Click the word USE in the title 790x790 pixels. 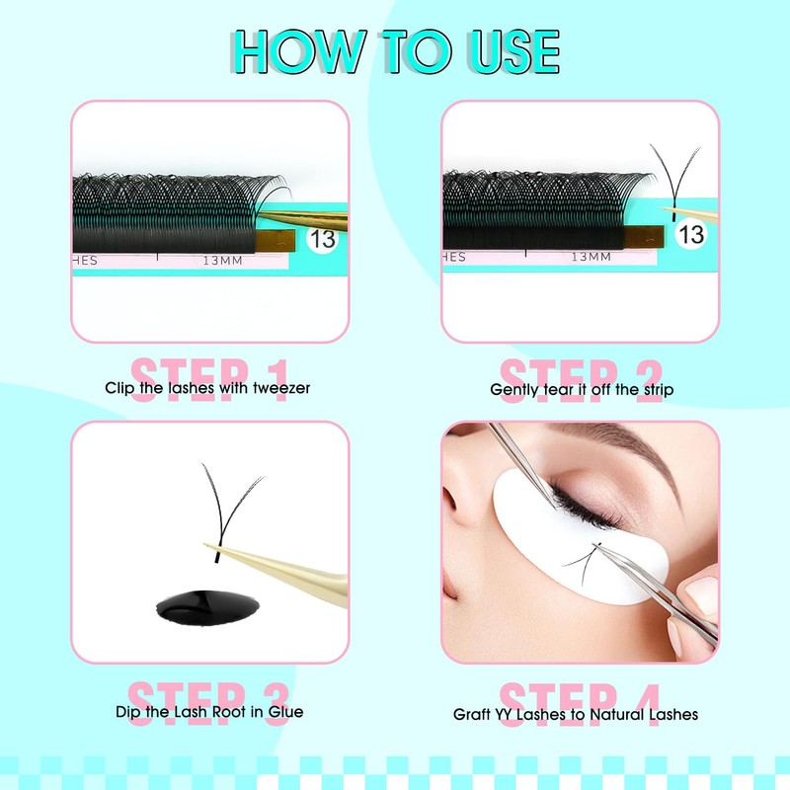pyautogui.click(x=505, y=51)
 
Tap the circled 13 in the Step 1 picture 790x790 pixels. pyautogui.click(x=322, y=237)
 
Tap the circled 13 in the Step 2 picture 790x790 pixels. pyautogui.click(x=692, y=234)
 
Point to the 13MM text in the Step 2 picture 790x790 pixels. pyautogui.click(x=591, y=257)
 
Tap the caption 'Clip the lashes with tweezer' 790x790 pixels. pyautogui.click(x=207, y=388)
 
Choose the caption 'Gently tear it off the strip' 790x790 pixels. pyautogui.click(x=582, y=389)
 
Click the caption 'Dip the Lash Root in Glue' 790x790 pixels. pyautogui.click(x=208, y=711)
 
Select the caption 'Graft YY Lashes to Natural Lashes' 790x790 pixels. pyautogui.click(x=576, y=713)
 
